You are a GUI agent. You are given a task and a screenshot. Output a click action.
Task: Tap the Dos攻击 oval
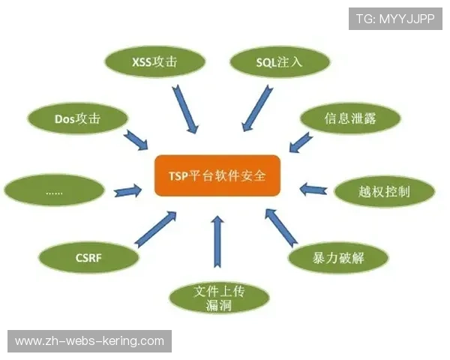point(77,118)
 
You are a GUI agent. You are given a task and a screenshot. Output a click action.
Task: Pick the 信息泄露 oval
point(350,118)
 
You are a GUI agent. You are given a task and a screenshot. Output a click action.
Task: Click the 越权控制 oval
point(383,191)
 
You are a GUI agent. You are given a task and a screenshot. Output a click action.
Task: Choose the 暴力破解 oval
point(339,258)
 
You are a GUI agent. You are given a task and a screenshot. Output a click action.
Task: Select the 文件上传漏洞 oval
point(219,297)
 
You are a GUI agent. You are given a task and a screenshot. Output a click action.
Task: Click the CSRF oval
point(88,259)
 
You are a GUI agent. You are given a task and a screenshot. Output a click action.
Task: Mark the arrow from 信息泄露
point(301,141)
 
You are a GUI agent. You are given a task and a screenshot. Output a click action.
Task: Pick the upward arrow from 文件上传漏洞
point(217,241)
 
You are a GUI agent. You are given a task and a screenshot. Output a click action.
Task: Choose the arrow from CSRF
point(155,229)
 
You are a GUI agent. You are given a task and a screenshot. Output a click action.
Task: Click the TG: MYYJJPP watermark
point(395,19)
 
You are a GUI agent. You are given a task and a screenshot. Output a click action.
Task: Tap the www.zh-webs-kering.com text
point(89,341)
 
